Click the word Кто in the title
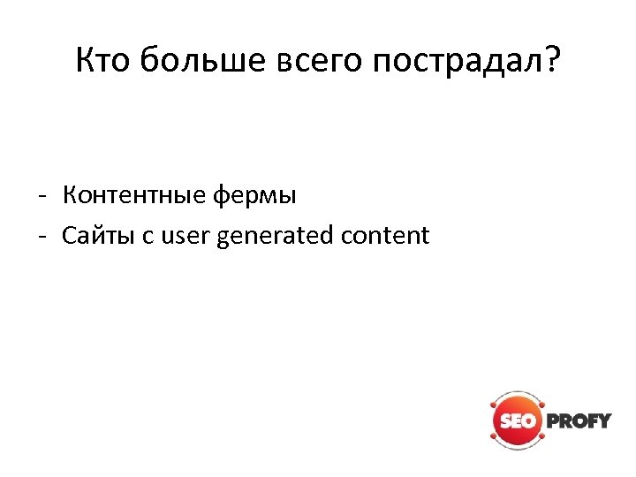point(104,61)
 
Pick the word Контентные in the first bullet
point(133,194)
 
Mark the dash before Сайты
point(43,237)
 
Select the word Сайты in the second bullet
point(95,236)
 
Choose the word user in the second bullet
point(183,236)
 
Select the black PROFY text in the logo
point(579,420)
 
